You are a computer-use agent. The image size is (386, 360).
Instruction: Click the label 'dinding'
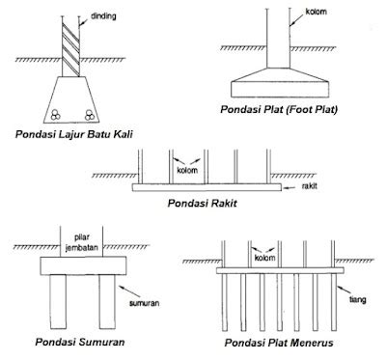[x=103, y=16]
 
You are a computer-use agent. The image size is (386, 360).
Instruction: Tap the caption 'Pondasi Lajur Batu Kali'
[x=74, y=134]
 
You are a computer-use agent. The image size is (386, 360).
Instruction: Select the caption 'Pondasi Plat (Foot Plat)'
[x=279, y=109]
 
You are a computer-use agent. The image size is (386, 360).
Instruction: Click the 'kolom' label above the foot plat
[x=316, y=12]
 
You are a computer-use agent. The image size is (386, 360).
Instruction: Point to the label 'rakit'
[x=310, y=185]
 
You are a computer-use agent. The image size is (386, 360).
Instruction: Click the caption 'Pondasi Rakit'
[x=202, y=204]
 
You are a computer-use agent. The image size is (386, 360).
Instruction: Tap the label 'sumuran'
[x=144, y=303]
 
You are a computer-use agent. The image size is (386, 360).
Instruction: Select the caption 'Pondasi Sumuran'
[x=80, y=342]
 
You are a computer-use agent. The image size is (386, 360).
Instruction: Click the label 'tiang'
[x=358, y=300]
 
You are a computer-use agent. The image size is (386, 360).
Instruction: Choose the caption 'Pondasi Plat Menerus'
[x=279, y=343]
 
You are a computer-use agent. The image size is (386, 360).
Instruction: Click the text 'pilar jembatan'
[x=81, y=242]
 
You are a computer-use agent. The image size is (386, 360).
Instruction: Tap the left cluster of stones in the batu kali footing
[x=56, y=115]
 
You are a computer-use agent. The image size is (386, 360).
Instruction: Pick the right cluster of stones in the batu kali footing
[x=90, y=115]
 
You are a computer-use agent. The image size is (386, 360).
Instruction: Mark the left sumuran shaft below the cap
[x=58, y=301]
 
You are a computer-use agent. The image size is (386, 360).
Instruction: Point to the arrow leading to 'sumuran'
[x=129, y=291]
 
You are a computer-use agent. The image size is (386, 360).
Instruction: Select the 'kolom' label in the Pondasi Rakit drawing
[x=187, y=170]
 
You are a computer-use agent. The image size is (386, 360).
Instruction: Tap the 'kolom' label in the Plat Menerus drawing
[x=265, y=258]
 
